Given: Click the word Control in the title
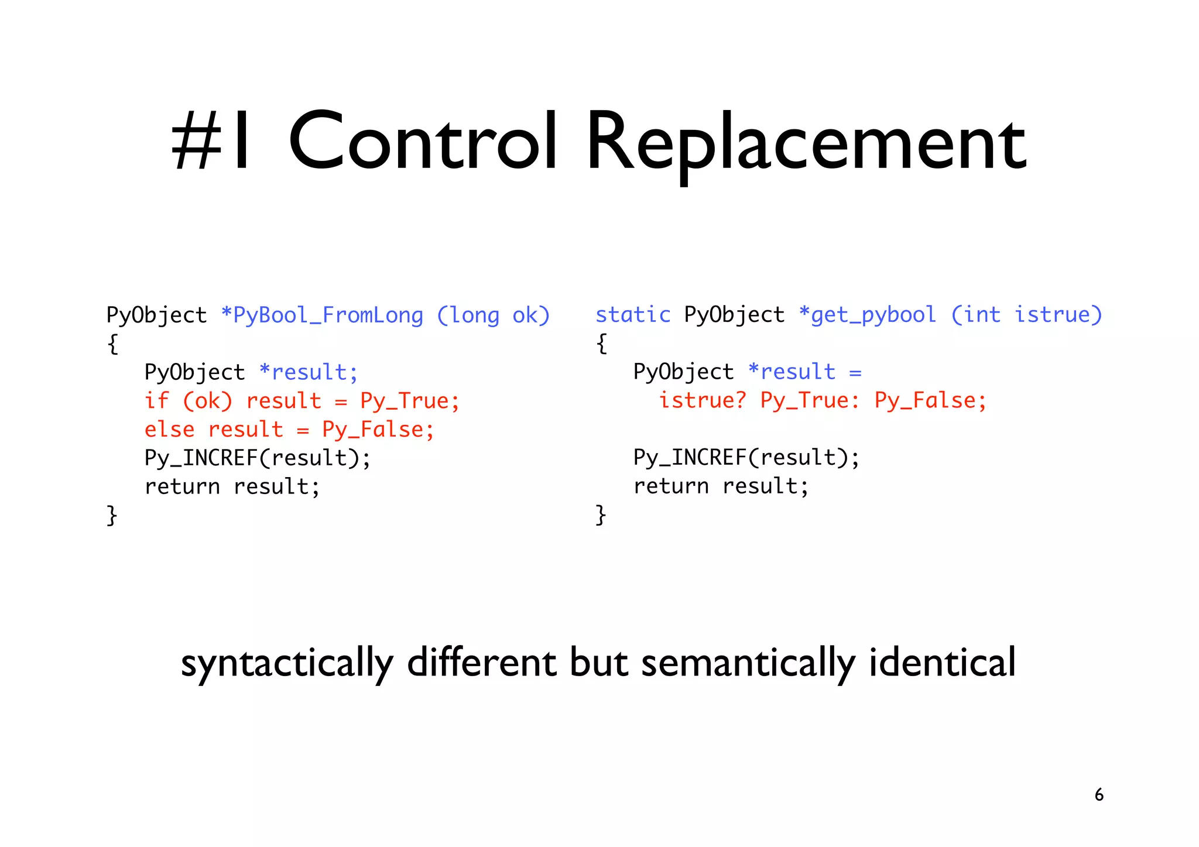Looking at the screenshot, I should [423, 142].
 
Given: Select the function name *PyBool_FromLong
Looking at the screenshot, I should [322, 316].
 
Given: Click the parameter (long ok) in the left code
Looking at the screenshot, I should [494, 316].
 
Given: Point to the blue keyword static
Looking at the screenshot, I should [632, 315].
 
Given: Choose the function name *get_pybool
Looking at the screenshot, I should [868, 315].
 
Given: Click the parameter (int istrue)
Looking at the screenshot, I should [1026, 315].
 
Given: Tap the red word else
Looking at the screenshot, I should [169, 430].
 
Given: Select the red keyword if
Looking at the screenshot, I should [156, 401].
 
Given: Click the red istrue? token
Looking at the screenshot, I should [703, 401].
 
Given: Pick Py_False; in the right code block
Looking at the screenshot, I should [930, 401].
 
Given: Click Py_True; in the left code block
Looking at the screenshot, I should [410, 401].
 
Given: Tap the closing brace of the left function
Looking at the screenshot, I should [112, 515].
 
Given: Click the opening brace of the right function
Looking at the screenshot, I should [601, 344].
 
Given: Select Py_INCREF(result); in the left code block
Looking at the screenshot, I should [258, 458].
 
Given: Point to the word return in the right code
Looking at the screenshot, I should [671, 486].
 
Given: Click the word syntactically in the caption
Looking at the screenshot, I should [287, 663].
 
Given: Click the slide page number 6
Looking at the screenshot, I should [1099, 795].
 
